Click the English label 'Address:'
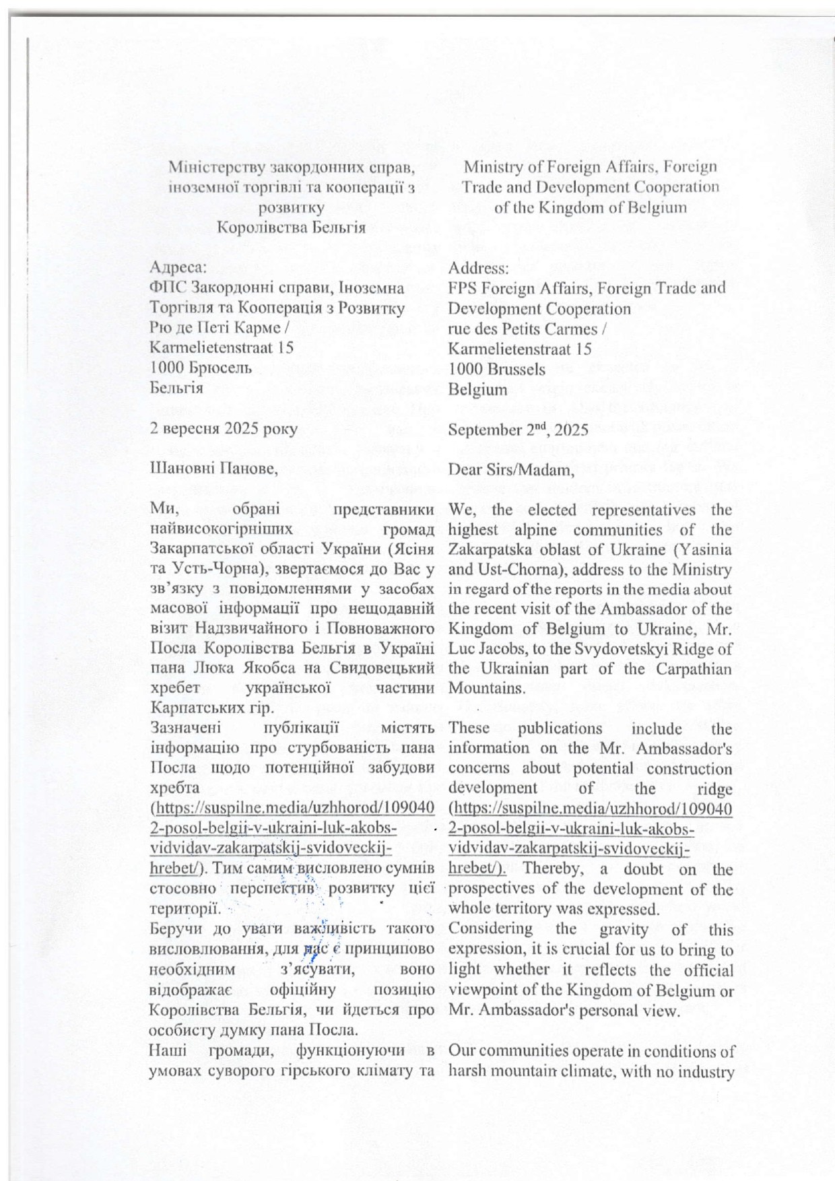click(x=479, y=268)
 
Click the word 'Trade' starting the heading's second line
click(x=481, y=187)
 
